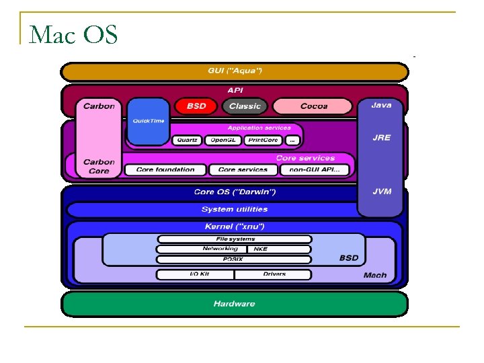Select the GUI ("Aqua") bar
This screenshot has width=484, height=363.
(234, 71)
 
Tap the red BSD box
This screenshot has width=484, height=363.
(196, 106)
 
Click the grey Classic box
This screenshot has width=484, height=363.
(245, 106)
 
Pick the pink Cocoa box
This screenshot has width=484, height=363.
(313, 106)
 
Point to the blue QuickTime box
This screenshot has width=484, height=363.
(148, 121)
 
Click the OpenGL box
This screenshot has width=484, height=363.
(223, 140)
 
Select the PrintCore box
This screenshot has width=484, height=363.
(262, 140)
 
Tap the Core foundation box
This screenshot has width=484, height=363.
(165, 170)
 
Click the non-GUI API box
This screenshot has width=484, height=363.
(314, 170)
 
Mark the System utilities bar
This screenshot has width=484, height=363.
(234, 210)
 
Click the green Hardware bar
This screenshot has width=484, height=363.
(234, 304)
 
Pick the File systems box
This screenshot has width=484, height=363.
(235, 239)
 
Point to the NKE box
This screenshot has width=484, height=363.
(260, 249)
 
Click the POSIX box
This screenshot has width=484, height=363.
(235, 259)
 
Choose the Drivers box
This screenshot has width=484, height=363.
(274, 274)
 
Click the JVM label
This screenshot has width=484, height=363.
(381, 192)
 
